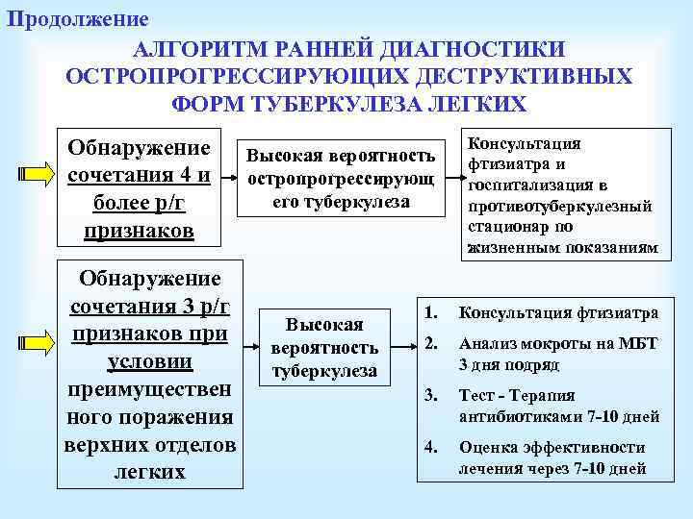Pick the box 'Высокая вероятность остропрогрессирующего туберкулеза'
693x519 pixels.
(x=341, y=179)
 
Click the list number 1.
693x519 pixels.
(x=432, y=311)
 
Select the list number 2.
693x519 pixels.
(x=432, y=343)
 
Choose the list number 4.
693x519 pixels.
(x=432, y=445)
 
